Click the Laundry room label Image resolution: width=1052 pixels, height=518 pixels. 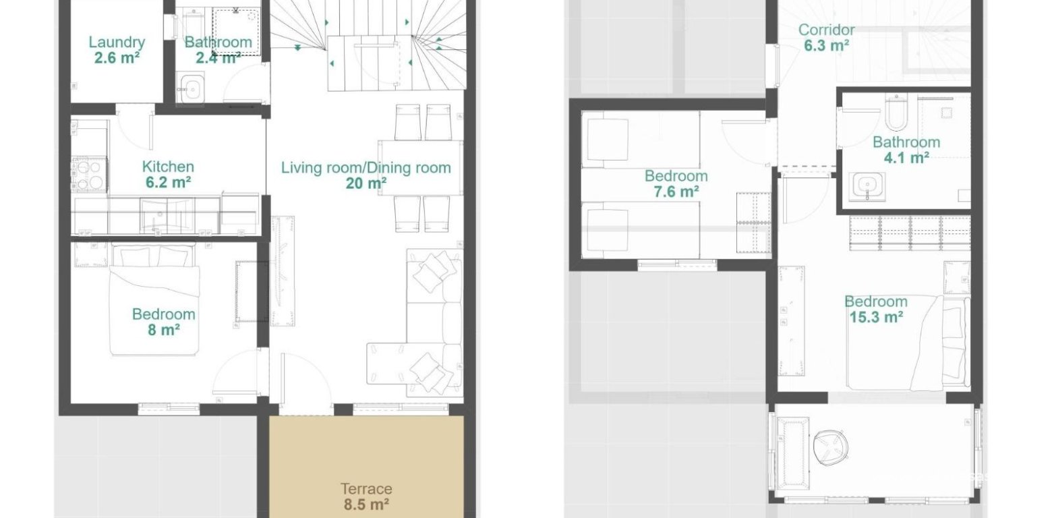(117, 42)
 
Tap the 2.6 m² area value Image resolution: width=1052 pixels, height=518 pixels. (117, 58)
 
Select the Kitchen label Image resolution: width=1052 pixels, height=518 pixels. (168, 166)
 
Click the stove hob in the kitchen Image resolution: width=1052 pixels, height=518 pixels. (88, 174)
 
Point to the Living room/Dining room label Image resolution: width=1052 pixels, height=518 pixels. (366, 167)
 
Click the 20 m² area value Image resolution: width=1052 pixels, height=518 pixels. (366, 183)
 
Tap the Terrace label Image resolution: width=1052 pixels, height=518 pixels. (366, 488)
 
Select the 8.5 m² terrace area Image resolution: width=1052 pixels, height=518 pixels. (366, 504)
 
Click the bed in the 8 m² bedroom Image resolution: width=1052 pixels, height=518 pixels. (155, 300)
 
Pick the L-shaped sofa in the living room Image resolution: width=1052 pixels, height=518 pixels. (432, 324)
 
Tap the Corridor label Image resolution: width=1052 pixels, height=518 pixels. (826, 30)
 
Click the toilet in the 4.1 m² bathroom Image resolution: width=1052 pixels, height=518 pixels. (896, 113)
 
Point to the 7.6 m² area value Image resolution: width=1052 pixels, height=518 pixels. (676, 192)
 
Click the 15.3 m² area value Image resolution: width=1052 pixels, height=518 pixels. (875, 317)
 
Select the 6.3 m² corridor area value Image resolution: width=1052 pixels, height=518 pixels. (826, 46)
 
